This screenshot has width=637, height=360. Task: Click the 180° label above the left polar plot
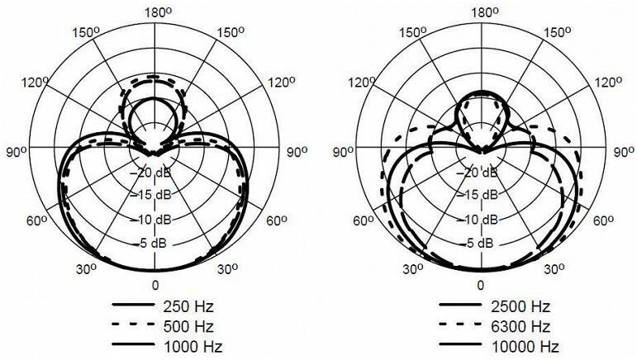tap(158, 12)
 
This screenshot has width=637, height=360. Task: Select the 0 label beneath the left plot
tap(155, 286)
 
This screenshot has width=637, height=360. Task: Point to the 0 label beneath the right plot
tap(481, 286)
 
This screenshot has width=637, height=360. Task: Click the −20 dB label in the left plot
tap(152, 173)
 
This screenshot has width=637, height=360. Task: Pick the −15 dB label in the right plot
tap(478, 195)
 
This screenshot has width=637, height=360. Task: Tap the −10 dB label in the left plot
tap(151, 220)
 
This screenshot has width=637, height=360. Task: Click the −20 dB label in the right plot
tap(478, 173)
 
